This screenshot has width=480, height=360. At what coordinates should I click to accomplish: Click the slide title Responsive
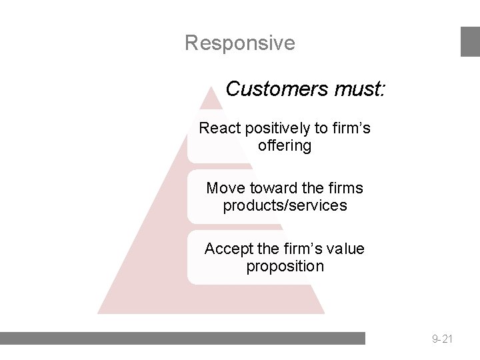[x=239, y=43]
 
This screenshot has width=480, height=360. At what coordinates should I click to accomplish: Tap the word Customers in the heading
[x=266, y=89]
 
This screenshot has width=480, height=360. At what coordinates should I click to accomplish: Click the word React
[x=219, y=128]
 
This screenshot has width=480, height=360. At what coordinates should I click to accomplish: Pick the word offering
[x=285, y=145]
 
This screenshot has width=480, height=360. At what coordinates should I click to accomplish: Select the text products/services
[x=285, y=205]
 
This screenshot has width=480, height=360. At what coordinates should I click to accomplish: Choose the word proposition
[x=285, y=266]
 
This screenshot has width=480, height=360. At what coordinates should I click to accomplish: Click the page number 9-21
[x=442, y=339]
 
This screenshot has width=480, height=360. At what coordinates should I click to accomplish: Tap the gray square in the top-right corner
[x=470, y=41]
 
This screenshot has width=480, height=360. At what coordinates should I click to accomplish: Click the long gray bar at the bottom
[x=183, y=338]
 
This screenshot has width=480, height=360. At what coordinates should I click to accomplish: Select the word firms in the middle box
[x=345, y=188]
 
